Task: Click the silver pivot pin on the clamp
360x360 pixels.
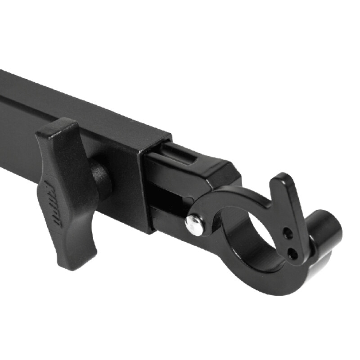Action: click(x=194, y=224)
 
